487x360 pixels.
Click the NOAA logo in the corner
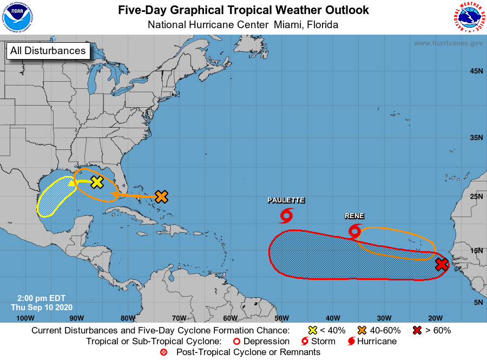click(x=17, y=17)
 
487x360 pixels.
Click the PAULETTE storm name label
click(x=286, y=200)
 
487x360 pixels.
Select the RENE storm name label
click(x=354, y=216)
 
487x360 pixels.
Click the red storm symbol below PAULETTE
click(x=286, y=215)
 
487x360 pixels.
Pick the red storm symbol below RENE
click(x=355, y=231)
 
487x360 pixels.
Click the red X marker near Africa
click(x=442, y=264)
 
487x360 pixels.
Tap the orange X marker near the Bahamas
click(x=161, y=197)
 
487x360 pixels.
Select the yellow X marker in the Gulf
click(x=97, y=182)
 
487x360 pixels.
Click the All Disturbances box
click(x=48, y=51)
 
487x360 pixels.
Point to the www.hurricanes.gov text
click(x=448, y=43)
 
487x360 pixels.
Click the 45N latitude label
click(x=476, y=71)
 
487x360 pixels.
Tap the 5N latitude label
click(x=478, y=302)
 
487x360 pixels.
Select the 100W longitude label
click(x=25, y=318)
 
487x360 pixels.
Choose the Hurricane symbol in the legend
click(x=352, y=341)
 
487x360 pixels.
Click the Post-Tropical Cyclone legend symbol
click(x=163, y=352)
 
